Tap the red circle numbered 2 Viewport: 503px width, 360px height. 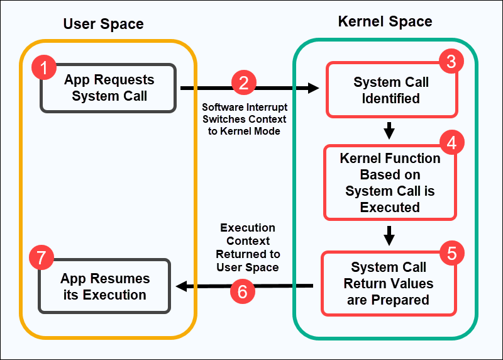(244, 83)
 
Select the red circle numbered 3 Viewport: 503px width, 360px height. (451, 61)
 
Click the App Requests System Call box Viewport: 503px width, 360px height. (109, 88)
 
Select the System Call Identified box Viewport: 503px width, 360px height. (391, 91)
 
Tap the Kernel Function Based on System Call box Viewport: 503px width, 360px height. (390, 183)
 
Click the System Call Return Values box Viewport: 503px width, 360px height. (389, 283)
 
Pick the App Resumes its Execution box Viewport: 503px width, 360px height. (105, 286)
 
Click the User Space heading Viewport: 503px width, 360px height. (103, 25)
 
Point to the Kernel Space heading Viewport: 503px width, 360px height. (385, 21)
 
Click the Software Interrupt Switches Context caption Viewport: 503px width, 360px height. (244, 119)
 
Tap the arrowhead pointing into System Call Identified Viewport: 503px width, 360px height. (314, 89)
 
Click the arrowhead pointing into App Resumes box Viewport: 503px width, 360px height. (182, 286)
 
